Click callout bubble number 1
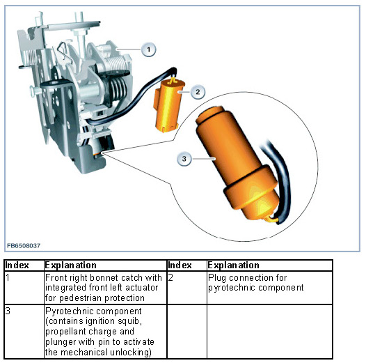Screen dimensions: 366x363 pyautogui.click(x=149, y=49)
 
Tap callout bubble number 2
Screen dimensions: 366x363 pyautogui.click(x=198, y=92)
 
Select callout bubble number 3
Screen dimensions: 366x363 pyautogui.click(x=184, y=159)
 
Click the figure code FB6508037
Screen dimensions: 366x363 pyautogui.click(x=24, y=246)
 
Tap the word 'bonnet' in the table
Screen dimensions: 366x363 pyautogui.click(x=104, y=278)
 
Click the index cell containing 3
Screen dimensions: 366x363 pyautogui.click(x=24, y=332)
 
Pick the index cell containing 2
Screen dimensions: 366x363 pyautogui.click(x=186, y=288)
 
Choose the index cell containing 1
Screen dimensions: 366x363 pyautogui.click(x=24, y=288)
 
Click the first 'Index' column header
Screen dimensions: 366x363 pyautogui.click(x=17, y=265)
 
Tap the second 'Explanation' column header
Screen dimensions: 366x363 pyautogui.click(x=233, y=265)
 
